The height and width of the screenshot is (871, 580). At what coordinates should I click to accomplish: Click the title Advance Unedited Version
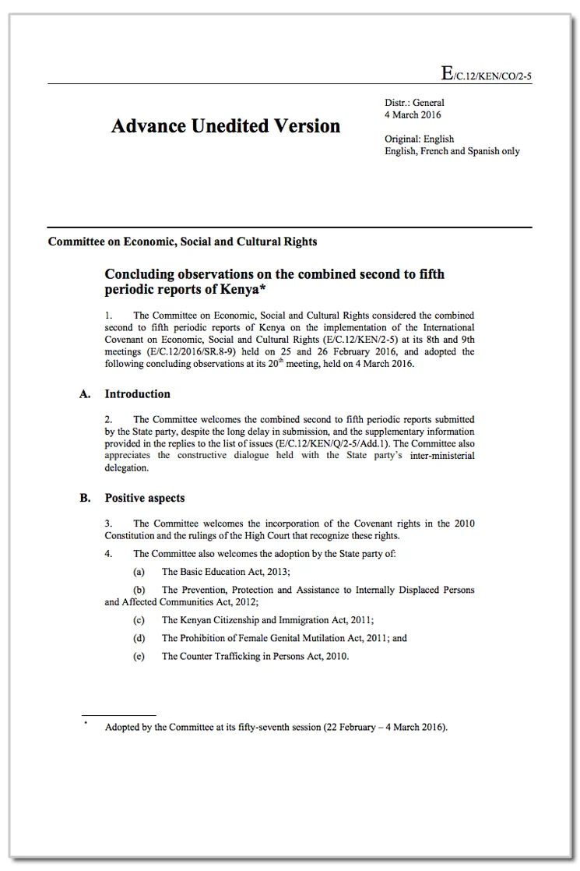coord(226,126)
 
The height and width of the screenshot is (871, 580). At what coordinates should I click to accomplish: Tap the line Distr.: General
coord(414,102)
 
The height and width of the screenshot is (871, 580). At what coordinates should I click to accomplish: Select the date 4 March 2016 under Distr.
coord(413,115)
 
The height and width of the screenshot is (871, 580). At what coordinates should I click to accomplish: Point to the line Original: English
coord(420,139)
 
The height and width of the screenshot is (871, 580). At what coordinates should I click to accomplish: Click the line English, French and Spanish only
coord(452,151)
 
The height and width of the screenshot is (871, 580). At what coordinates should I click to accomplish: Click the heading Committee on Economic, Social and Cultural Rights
coord(182,242)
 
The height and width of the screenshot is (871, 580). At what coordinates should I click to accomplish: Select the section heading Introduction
coord(137,393)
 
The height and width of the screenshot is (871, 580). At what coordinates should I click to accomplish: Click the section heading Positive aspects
coord(144,498)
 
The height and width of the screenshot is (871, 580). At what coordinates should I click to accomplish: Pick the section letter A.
coord(85,393)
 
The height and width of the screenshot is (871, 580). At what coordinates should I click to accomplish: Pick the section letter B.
coord(85,498)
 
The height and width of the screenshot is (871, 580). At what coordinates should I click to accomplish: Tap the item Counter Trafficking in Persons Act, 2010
coord(255,656)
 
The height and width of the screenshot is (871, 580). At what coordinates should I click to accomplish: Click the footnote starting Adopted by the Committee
coord(276,728)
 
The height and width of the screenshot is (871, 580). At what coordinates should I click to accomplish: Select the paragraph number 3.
coord(109,524)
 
